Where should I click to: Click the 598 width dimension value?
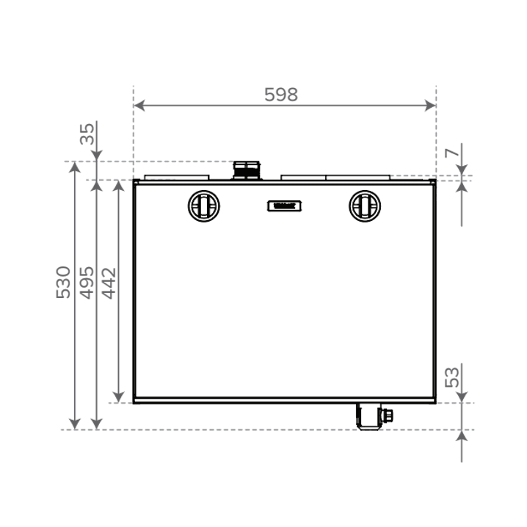(x=281, y=95)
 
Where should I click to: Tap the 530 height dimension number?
(x=64, y=282)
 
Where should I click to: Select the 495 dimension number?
(x=87, y=282)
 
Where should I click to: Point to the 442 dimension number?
(x=109, y=283)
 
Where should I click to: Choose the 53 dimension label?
(x=453, y=377)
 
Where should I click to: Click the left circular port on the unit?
(x=203, y=206)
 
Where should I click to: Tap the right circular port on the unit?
(x=364, y=206)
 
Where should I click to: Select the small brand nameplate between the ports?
(x=283, y=206)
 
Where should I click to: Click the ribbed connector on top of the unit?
(x=246, y=170)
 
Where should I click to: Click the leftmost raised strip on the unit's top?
(x=177, y=177)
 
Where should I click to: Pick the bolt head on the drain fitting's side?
(x=388, y=415)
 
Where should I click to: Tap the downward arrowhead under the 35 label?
(x=96, y=155)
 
